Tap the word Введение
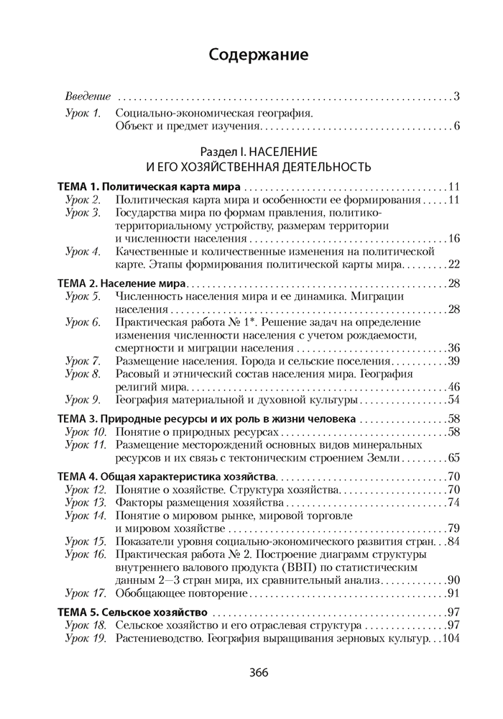coord(88,96)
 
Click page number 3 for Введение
coord(456,96)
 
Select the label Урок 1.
coord(83,114)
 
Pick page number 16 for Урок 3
coord(453,239)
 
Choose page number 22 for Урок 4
coord(453,265)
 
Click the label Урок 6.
coord(83,322)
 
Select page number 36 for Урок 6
coord(453,348)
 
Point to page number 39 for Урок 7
coord(453,361)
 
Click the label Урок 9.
coord(83,399)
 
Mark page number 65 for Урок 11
coord(453,457)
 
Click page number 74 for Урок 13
coord(453,503)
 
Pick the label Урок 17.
coord(86,593)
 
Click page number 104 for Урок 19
coord(450,638)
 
